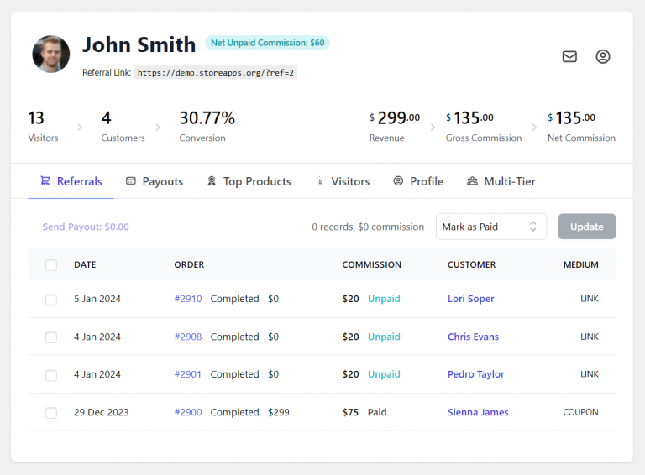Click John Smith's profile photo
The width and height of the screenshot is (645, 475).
click(50, 54)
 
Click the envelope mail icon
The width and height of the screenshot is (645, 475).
click(569, 57)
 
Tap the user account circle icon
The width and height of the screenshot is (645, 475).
click(603, 57)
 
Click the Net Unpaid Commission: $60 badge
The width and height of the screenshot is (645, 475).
click(267, 43)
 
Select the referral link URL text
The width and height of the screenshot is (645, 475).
click(216, 73)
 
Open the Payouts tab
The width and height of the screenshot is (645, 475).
click(155, 181)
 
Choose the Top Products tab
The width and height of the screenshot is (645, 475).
click(249, 181)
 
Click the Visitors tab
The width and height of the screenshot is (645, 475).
click(343, 181)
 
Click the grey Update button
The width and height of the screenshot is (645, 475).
click(586, 227)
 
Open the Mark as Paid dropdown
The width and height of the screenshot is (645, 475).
click(490, 227)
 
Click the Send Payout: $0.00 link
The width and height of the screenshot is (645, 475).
click(86, 227)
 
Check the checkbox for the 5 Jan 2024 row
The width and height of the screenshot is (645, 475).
click(51, 300)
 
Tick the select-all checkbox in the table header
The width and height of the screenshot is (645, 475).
click(51, 265)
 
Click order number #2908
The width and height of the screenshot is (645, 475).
click(188, 337)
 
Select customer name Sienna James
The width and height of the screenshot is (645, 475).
click(478, 412)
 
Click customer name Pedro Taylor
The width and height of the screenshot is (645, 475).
click(476, 374)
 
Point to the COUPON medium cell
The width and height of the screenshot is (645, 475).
click(580, 412)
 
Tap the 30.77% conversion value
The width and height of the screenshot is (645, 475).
click(207, 118)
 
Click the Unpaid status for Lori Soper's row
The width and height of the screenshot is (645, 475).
click(384, 299)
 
